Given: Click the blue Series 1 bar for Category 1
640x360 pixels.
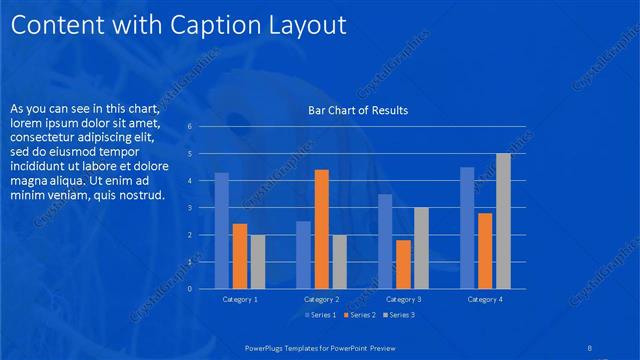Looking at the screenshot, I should pyautogui.click(x=221, y=231).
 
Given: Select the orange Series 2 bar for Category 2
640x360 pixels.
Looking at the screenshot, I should pyautogui.click(x=321, y=229).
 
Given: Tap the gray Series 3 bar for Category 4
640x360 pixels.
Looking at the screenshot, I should pyautogui.click(x=503, y=221).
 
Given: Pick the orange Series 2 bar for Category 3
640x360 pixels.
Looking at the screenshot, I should pyautogui.click(x=403, y=264).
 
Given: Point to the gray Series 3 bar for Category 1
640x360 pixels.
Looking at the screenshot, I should pyautogui.click(x=258, y=262).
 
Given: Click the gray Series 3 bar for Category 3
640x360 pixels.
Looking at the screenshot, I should pyautogui.click(x=421, y=248).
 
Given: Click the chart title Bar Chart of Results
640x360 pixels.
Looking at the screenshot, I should pyautogui.click(x=358, y=110).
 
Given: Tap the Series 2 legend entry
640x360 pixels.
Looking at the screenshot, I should pyautogui.click(x=358, y=316).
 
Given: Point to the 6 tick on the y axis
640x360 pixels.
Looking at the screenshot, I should pyautogui.click(x=203, y=127).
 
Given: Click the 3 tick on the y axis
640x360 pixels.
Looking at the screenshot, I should pyautogui.click(x=203, y=208).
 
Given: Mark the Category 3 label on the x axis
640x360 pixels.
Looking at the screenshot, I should pyautogui.click(x=403, y=299).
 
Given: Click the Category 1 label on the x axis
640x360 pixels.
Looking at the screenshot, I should pyautogui.click(x=239, y=299).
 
